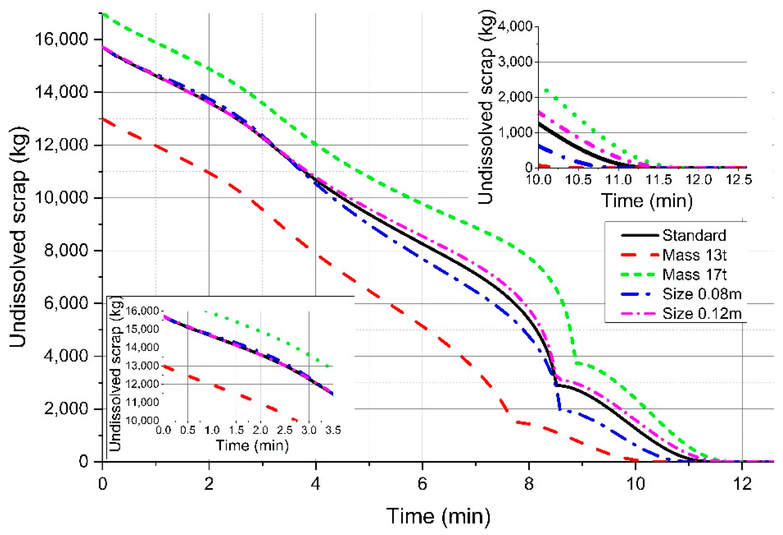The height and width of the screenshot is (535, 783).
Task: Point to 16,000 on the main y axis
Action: [x=61, y=39]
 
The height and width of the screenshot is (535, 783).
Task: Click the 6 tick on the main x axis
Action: [x=422, y=484]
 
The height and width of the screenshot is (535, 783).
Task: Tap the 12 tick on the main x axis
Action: [x=742, y=484]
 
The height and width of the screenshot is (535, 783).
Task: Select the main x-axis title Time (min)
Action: [x=438, y=516]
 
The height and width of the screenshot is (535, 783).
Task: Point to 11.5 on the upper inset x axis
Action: [x=658, y=179]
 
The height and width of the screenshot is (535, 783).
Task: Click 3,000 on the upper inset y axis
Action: [x=515, y=62]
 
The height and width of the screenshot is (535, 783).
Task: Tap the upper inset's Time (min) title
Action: [x=647, y=200]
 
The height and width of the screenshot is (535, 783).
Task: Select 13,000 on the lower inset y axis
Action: [x=142, y=366]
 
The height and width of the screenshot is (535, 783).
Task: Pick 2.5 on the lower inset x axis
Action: [x=285, y=430]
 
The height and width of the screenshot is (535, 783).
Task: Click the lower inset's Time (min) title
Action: [x=252, y=445]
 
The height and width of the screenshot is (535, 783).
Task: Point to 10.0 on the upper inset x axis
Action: [x=539, y=179]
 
